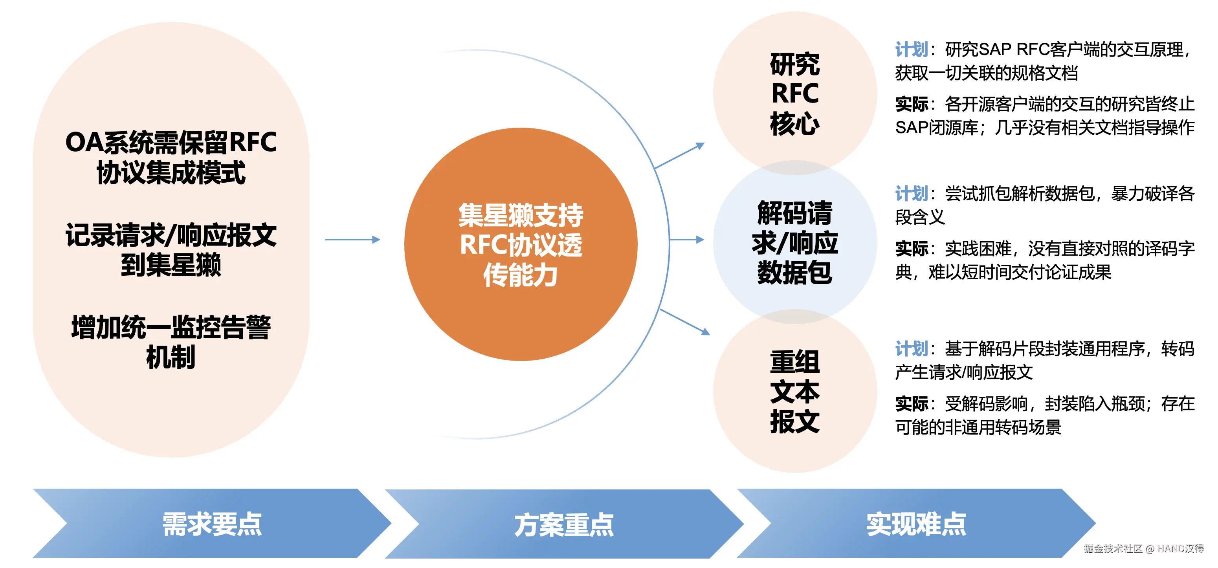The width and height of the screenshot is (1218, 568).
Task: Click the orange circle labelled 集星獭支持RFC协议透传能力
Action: [x=521, y=244]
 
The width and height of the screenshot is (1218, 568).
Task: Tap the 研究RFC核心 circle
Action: [x=795, y=93]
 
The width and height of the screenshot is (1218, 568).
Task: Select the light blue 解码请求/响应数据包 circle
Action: [x=795, y=242]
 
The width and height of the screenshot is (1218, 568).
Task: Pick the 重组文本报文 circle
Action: [x=795, y=391]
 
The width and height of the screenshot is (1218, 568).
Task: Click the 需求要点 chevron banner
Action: [x=212, y=524]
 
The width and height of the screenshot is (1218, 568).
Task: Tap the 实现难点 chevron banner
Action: [x=915, y=524]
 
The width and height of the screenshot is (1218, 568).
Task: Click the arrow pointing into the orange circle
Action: [x=353, y=240]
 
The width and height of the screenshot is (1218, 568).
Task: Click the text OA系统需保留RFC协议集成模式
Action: [x=171, y=157]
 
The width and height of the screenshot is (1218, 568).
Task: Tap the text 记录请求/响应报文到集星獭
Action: [x=171, y=249]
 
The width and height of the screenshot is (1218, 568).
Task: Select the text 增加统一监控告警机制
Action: [x=171, y=342]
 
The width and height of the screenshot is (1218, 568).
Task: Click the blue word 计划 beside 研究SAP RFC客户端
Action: [x=911, y=49]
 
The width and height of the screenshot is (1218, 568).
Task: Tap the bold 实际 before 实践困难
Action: [x=911, y=249]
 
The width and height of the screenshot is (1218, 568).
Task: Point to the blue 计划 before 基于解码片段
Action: [x=911, y=349]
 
